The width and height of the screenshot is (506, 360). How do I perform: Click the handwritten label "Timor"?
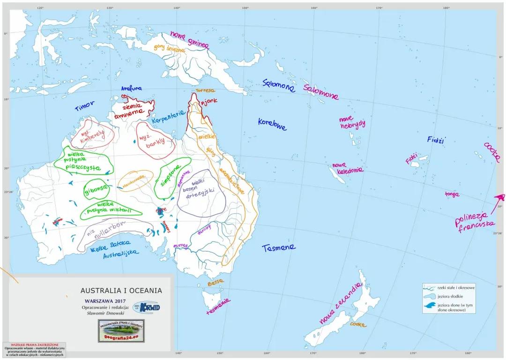[x=85, y=106]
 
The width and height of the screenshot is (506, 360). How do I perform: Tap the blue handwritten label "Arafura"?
[x=131, y=88]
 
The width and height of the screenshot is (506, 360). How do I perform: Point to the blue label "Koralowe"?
[x=272, y=124]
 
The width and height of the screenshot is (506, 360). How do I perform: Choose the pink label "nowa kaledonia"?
[x=348, y=168]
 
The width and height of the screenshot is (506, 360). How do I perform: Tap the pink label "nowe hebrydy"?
[x=352, y=122]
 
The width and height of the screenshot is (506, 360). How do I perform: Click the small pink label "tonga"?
[x=452, y=194]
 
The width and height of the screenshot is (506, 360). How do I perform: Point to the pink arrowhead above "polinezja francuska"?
[x=500, y=197]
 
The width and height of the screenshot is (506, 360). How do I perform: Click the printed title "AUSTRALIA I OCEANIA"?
[x=121, y=291]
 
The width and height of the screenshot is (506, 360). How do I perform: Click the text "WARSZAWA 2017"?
[x=104, y=301]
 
